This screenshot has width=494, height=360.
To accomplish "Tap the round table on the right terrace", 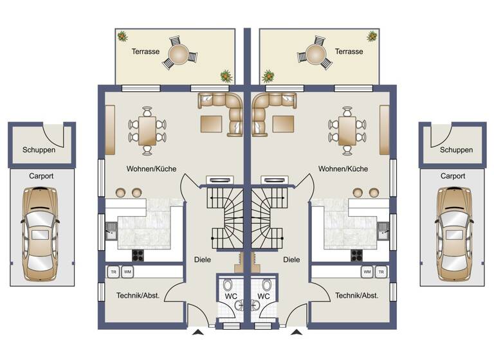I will [x=315, y=52].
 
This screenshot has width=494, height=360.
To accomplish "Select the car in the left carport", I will [x=40, y=235].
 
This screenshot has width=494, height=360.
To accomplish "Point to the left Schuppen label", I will [x=39, y=150].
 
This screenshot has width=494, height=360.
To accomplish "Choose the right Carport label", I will [x=453, y=175].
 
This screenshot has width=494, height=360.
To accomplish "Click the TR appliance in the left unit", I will [x=113, y=272].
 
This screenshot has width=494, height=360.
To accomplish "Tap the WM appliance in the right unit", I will [x=367, y=272].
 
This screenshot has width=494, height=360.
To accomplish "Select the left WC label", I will [x=230, y=296].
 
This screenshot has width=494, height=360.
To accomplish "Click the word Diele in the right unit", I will [x=291, y=260].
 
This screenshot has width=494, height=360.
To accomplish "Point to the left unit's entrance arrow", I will [x=197, y=332].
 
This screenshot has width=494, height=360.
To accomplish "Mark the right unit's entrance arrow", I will [x=296, y=332].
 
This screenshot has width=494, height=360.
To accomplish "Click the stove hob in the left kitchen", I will [x=138, y=255].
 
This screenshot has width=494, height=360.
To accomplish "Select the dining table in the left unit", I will [x=148, y=130].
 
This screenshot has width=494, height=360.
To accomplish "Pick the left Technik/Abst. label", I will [x=138, y=296].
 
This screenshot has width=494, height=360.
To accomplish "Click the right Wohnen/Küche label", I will [x=343, y=169].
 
